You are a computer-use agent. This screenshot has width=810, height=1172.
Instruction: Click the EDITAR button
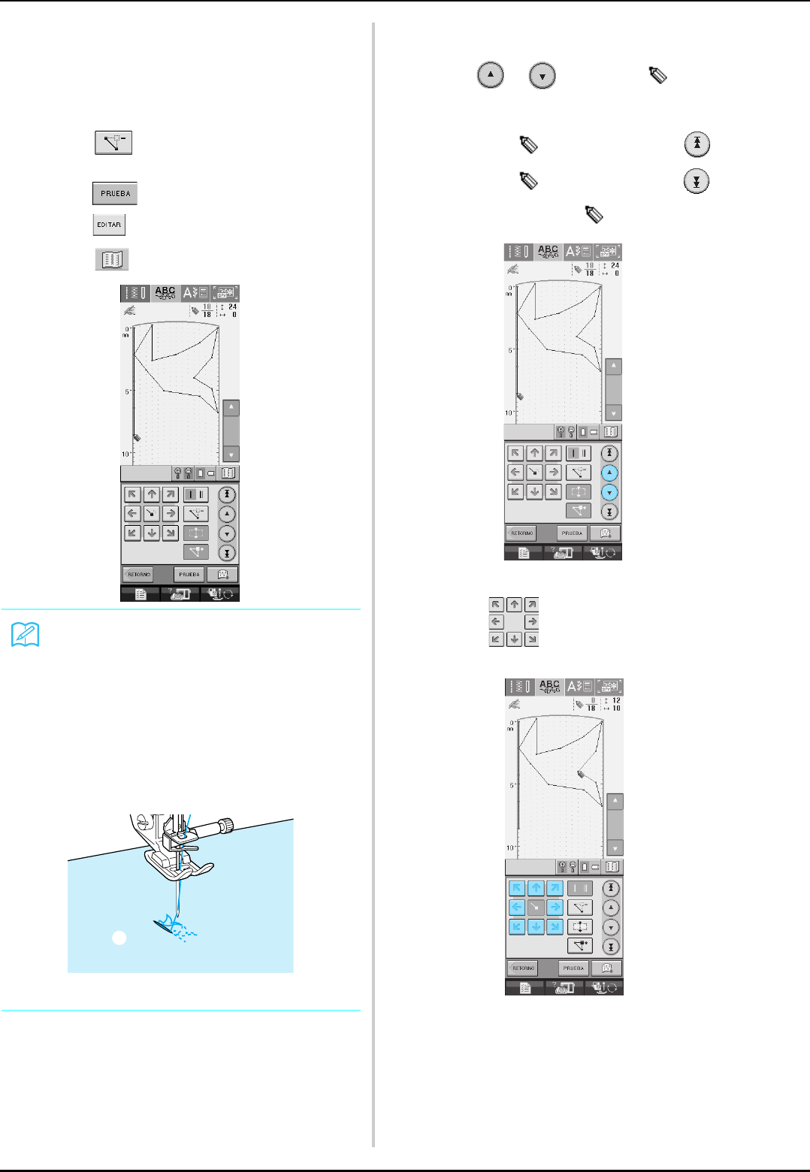tap(109, 225)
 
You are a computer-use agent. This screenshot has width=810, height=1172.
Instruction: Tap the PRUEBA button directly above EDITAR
tap(115, 193)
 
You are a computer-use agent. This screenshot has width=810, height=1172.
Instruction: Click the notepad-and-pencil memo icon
tap(26, 636)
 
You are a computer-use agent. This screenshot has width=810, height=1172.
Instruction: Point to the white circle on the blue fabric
tap(119, 937)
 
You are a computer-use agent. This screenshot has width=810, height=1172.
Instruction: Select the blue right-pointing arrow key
tap(555, 908)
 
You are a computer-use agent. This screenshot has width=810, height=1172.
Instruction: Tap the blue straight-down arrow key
tap(536, 927)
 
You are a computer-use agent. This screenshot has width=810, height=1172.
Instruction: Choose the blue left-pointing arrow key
tap(516, 908)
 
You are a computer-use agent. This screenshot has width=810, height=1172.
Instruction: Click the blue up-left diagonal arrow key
tap(516, 889)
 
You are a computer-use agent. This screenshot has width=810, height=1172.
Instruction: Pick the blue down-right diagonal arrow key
tap(555, 927)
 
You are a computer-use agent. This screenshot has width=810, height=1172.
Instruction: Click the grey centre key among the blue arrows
tap(536, 908)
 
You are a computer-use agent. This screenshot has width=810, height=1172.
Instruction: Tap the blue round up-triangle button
tap(610, 473)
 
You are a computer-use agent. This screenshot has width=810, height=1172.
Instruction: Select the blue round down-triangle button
tap(610, 492)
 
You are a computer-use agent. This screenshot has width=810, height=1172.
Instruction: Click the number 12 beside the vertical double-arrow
tap(616, 701)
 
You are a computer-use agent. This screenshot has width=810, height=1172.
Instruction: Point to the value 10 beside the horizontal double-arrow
tap(616, 708)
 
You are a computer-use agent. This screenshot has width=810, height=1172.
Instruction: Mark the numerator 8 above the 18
tap(592, 701)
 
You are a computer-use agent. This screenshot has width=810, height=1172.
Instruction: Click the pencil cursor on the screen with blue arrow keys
tap(582, 775)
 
